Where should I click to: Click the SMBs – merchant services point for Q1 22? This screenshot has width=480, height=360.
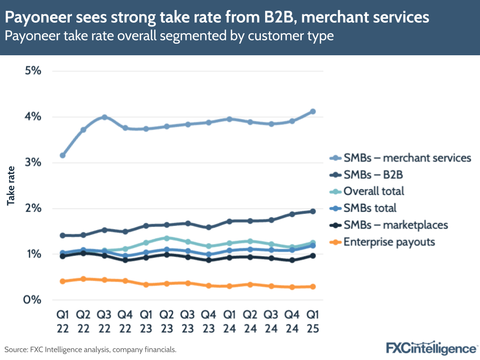click(62, 155)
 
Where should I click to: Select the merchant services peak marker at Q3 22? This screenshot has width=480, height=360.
click(104, 117)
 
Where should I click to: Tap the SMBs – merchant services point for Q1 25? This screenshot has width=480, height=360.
click(313, 112)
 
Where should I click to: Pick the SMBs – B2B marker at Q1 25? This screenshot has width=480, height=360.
click(313, 211)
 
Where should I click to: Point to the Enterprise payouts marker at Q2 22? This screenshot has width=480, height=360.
click(84, 279)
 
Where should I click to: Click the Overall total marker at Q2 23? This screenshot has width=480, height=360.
click(167, 238)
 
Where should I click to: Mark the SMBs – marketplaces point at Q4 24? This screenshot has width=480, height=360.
click(292, 260)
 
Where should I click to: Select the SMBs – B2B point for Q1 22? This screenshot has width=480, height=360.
click(62, 236)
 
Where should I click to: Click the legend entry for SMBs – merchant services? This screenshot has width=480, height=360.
click(401, 158)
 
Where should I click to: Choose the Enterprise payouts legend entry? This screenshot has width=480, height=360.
click(382, 241)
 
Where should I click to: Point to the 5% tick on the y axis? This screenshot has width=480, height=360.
click(33, 71)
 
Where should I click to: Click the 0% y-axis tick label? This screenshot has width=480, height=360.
click(33, 300)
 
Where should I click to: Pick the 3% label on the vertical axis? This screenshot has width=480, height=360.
click(33, 162)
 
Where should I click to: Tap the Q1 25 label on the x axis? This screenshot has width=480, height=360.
click(313, 322)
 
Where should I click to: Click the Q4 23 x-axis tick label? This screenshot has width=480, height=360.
click(209, 322)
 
